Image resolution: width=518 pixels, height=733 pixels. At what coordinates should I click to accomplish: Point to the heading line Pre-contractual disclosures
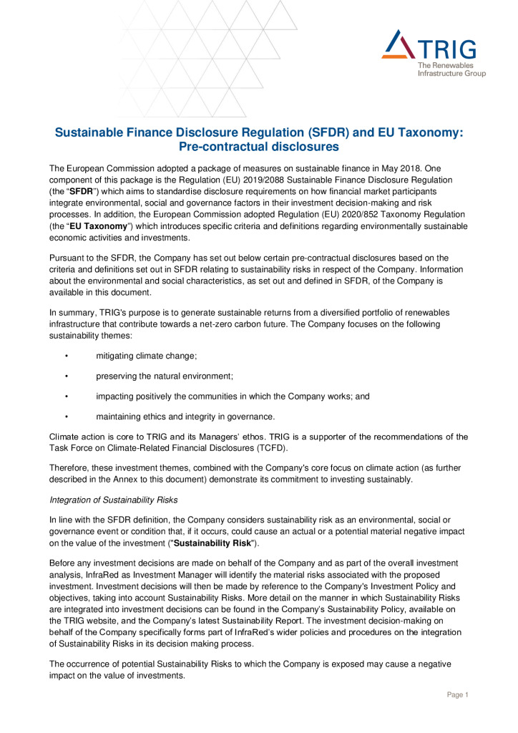pyautogui.click(x=258, y=147)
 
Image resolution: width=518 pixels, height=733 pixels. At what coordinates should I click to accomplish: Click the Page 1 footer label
pyautogui.click(x=457, y=694)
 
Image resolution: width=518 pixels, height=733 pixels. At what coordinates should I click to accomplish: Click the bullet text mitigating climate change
pyautogui.click(x=146, y=356)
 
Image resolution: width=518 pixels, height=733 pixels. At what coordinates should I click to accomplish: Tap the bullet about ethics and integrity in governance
pyautogui.click(x=185, y=417)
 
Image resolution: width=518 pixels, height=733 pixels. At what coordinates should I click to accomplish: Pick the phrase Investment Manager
pyautogui.click(x=157, y=578)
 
